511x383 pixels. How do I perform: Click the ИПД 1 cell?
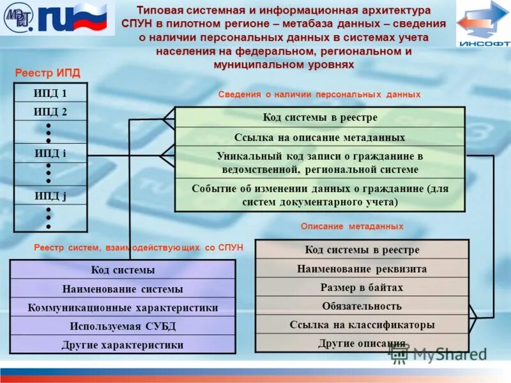click(50, 93)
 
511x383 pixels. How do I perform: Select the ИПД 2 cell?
click(50, 112)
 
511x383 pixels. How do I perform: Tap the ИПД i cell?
click(50, 153)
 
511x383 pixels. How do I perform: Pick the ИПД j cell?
click(50, 195)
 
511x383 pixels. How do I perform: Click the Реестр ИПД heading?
click(47, 73)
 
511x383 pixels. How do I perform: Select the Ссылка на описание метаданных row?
click(319, 137)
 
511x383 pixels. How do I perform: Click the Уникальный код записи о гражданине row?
click(319, 163)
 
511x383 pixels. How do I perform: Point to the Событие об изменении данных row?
click(319, 195)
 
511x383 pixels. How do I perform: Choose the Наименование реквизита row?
click(362, 269)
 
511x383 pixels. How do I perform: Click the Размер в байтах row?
click(362, 287)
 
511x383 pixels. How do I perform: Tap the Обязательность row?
click(362, 306)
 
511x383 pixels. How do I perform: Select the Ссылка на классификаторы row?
click(362, 324)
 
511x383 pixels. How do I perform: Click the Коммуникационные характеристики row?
click(123, 308)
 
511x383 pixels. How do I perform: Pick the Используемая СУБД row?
click(123, 326)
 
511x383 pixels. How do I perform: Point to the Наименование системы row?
click(123, 289)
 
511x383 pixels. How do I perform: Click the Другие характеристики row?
click(123, 345)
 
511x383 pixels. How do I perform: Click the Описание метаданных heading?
click(351, 227)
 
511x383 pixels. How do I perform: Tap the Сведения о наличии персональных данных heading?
click(319, 94)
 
